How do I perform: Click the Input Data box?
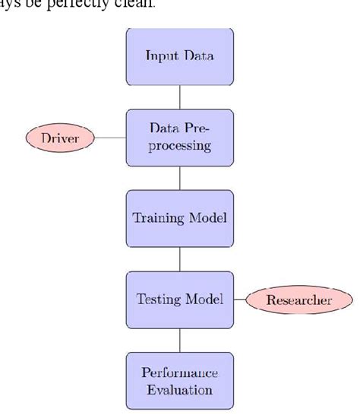[x=179, y=56]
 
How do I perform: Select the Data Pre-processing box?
[x=179, y=137]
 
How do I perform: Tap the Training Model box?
[x=179, y=217]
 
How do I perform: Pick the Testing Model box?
[x=179, y=299]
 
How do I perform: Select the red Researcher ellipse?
[x=298, y=299]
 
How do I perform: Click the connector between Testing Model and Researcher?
[x=239, y=299]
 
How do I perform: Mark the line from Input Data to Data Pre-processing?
[x=179, y=97]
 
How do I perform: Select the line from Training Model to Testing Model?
[x=179, y=258]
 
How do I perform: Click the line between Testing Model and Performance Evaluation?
[x=179, y=340]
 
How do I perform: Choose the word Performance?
[x=179, y=372]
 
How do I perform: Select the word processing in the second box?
[x=179, y=146]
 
